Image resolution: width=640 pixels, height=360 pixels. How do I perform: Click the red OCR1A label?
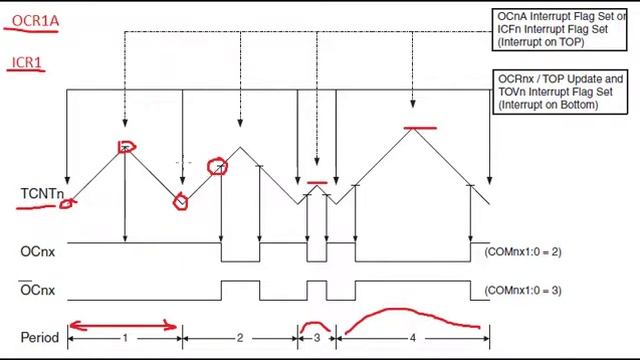36,21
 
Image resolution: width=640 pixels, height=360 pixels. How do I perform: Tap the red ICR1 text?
27,62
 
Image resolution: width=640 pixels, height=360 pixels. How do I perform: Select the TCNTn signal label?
42,193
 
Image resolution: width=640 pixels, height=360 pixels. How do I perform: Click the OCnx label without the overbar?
38,251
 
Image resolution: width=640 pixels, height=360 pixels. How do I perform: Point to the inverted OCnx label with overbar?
38,289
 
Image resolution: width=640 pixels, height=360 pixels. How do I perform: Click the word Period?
40,338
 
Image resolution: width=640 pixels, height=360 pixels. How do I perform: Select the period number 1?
125,338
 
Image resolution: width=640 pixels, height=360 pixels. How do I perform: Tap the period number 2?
240,338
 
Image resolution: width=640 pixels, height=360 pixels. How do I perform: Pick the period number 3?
317,338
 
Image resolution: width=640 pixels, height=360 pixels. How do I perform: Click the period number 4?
413,338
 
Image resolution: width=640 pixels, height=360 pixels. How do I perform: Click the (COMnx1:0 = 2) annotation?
523,251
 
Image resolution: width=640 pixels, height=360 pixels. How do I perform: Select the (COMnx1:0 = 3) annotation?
523,290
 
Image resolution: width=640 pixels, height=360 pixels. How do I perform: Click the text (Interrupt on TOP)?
541,42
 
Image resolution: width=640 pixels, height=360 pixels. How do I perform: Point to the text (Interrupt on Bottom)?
548,104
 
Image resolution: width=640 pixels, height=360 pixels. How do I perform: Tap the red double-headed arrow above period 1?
123,326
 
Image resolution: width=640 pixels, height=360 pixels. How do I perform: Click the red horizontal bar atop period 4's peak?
420,128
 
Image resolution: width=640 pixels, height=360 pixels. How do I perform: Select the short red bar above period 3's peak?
317,183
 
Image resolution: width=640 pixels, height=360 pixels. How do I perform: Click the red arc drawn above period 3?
314,323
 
